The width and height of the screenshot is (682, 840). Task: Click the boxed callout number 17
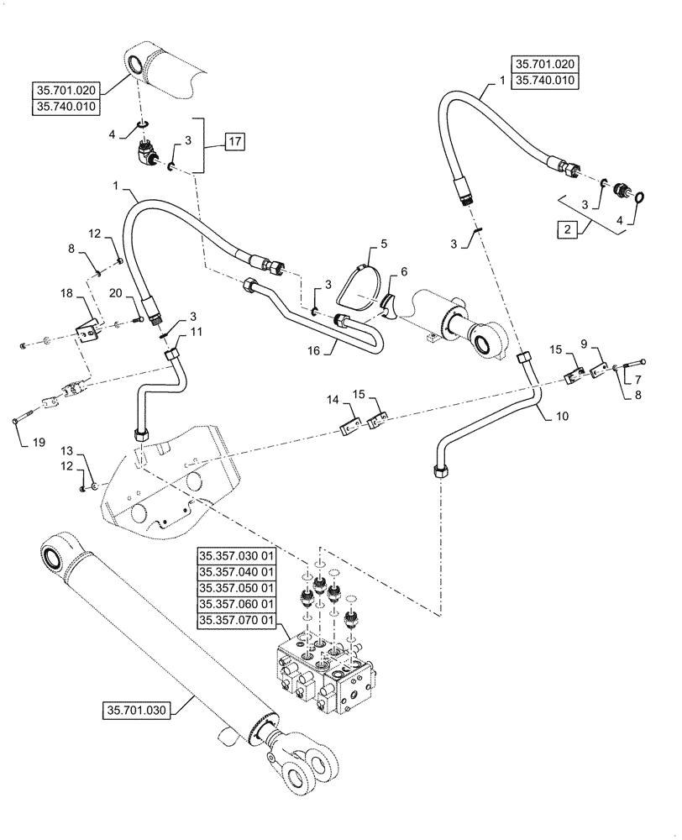[x=234, y=142]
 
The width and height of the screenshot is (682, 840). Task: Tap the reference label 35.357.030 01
[x=236, y=557]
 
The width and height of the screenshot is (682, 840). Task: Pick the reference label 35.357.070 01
[x=236, y=621]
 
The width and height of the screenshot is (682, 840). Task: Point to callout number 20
[x=115, y=292]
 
